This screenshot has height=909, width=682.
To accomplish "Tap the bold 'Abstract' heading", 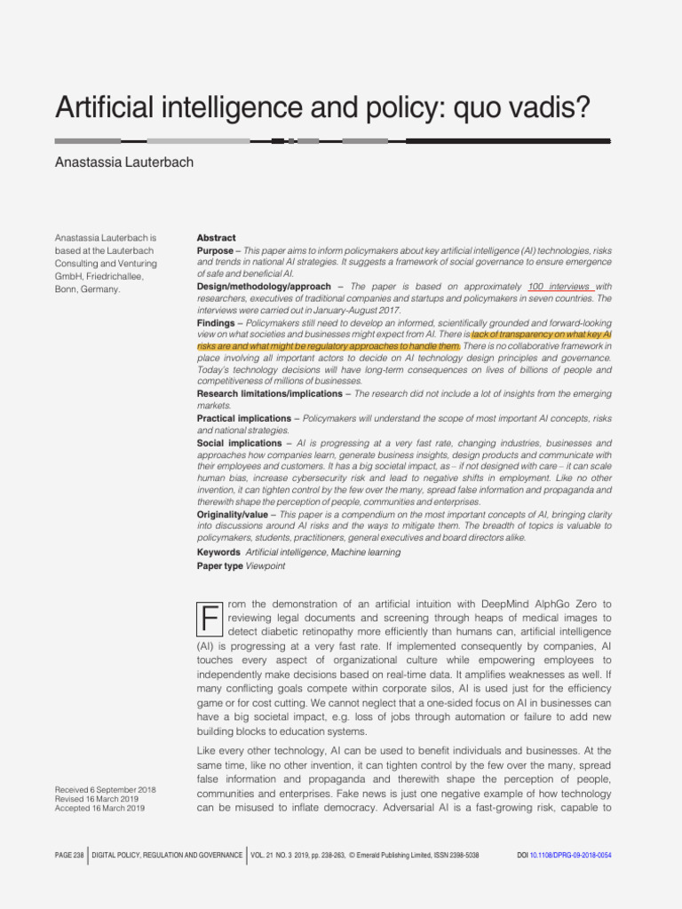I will (216, 238).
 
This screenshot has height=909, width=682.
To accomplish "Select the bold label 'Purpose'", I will (215, 251).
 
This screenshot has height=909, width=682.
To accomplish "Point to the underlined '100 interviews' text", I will (559, 287).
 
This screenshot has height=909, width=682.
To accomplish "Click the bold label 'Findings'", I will (216, 322).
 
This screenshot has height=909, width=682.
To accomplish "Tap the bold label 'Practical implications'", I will (243, 418).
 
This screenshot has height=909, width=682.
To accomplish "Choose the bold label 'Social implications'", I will (237, 442).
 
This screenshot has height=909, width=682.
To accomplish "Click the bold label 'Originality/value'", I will (233, 514).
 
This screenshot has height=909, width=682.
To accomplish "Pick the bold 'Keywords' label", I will (218, 552).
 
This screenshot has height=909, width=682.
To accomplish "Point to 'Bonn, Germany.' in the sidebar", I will (87, 289).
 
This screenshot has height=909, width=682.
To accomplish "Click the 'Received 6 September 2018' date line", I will (105, 789).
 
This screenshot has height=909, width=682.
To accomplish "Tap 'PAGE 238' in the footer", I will (69, 855).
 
